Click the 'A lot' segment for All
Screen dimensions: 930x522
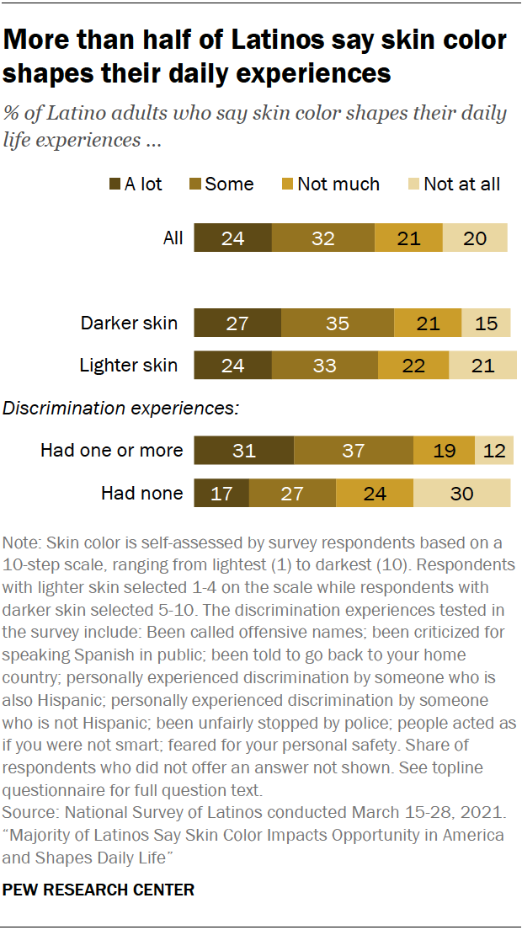(x=233, y=238)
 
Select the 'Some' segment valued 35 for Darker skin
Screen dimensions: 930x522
(x=337, y=323)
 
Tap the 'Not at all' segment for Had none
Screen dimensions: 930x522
(x=461, y=493)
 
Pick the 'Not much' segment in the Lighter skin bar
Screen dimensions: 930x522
(x=413, y=365)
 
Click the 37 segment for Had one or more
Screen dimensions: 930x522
(x=354, y=451)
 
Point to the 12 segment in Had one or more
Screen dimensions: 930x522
(x=494, y=451)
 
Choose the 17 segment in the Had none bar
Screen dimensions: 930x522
(x=221, y=493)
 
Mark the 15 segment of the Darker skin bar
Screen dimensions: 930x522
(x=486, y=323)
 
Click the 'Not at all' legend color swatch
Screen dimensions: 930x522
(x=413, y=184)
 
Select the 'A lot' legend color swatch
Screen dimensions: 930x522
(x=115, y=184)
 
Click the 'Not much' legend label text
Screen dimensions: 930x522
(x=338, y=184)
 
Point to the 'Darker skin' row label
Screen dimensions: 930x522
(x=129, y=323)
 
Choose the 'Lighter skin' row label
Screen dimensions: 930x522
(x=128, y=365)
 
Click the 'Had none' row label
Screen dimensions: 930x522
(x=141, y=493)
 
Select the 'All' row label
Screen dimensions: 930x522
(x=173, y=238)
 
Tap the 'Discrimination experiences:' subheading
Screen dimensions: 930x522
(x=121, y=409)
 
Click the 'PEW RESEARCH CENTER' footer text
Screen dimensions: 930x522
(x=99, y=890)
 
